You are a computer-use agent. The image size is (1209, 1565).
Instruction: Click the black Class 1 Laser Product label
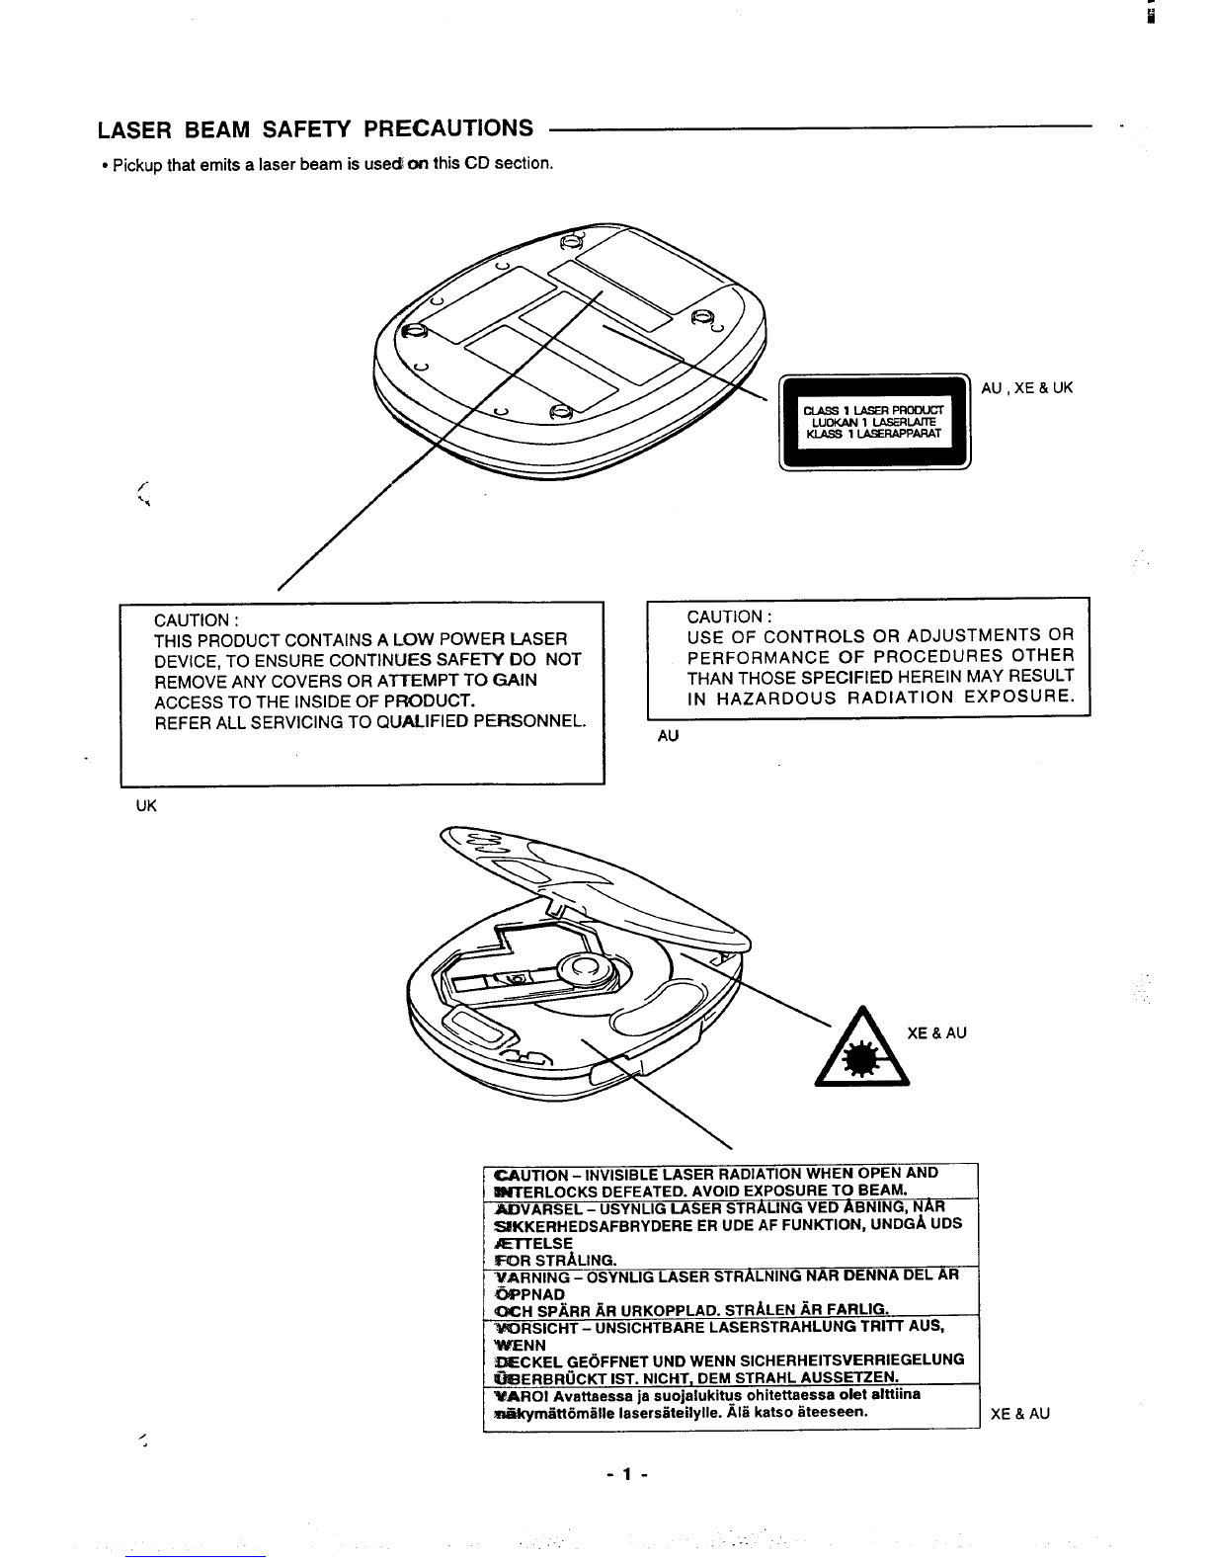pyautogui.click(x=874, y=422)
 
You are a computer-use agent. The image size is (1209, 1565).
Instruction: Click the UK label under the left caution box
pyautogui.click(x=145, y=805)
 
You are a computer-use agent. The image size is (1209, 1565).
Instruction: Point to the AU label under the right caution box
pyautogui.click(x=669, y=736)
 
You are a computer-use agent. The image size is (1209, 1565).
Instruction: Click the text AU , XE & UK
pyautogui.click(x=1026, y=388)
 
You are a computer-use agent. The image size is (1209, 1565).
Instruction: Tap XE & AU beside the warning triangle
pyautogui.click(x=936, y=1033)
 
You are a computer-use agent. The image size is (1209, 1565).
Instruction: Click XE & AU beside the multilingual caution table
pyautogui.click(x=1019, y=1414)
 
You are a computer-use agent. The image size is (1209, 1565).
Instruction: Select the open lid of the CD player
pyautogui.click(x=593, y=879)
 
